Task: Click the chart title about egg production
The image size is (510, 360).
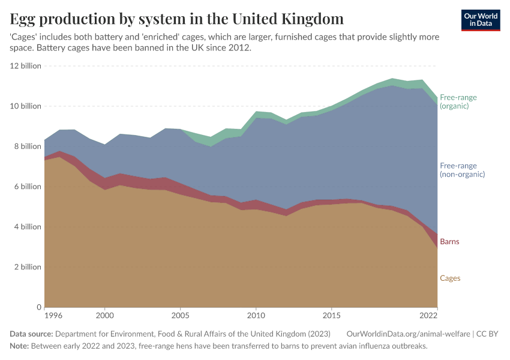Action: (177, 18)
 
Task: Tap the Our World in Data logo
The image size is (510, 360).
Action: (481, 20)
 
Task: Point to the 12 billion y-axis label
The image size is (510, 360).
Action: (26, 66)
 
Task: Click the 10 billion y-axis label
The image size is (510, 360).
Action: (26, 106)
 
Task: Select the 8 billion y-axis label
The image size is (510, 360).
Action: (28, 146)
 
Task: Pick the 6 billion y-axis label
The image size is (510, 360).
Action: (28, 187)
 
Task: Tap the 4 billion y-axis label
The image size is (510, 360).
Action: (28, 227)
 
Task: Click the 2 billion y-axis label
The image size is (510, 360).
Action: (28, 267)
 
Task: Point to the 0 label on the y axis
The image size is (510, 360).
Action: (38, 307)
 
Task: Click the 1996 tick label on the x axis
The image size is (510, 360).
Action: (53, 315)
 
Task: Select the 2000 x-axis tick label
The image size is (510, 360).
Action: (105, 315)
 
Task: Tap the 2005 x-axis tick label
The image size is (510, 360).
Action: (181, 315)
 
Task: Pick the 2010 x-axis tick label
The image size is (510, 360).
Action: (256, 315)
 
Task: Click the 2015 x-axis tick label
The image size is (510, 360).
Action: (332, 315)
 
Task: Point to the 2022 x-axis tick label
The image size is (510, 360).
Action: (428, 315)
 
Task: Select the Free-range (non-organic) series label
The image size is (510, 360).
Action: (462, 170)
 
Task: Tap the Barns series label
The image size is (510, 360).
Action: (450, 242)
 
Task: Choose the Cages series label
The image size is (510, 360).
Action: (450, 278)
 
